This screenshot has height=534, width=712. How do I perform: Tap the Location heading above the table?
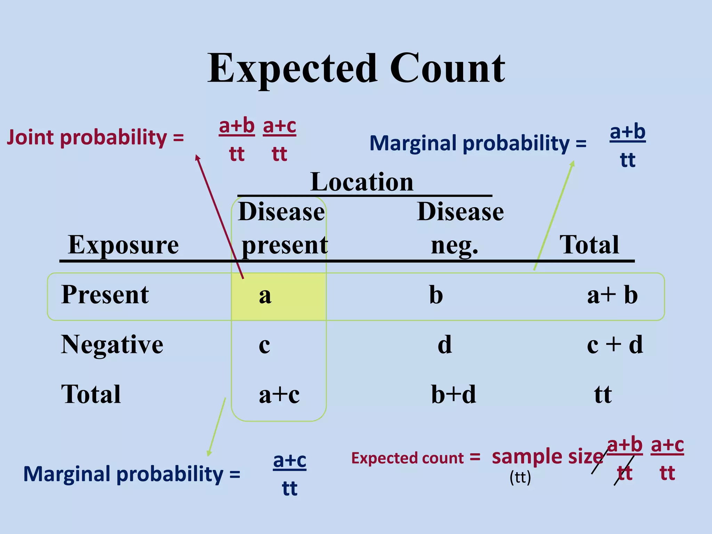[x=362, y=182]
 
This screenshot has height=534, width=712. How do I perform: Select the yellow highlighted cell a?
[x=278, y=296]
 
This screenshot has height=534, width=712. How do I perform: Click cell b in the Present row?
[x=436, y=295]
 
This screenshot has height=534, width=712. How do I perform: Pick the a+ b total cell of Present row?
[x=612, y=295]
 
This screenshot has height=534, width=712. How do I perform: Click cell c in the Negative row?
[x=264, y=345]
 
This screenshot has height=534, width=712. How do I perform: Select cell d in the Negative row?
[x=445, y=345]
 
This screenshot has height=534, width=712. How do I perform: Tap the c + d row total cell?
[x=615, y=345]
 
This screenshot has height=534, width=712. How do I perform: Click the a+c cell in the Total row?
[x=279, y=395]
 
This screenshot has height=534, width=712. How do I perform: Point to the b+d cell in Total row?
[x=453, y=395]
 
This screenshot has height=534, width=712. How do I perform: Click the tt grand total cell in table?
[x=602, y=395]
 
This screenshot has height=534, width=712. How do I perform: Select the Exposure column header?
[x=123, y=245]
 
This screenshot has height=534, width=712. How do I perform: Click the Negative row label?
[x=112, y=345]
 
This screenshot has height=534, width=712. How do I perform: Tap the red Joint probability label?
[x=95, y=137]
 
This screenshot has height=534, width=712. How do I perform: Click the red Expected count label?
[x=415, y=458]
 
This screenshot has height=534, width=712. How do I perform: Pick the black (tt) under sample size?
[x=520, y=477]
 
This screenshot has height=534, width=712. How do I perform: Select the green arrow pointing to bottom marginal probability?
[x=216, y=428]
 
